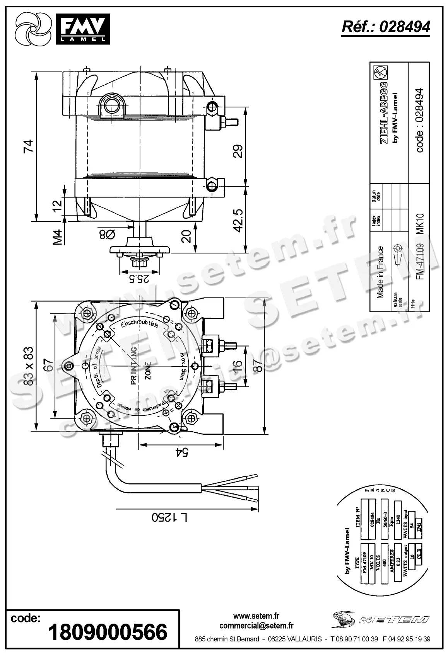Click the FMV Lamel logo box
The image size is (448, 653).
(x=82, y=29)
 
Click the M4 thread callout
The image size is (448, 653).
(x=58, y=237)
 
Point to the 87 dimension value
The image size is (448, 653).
(x=257, y=363)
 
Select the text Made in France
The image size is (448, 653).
(x=381, y=272)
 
